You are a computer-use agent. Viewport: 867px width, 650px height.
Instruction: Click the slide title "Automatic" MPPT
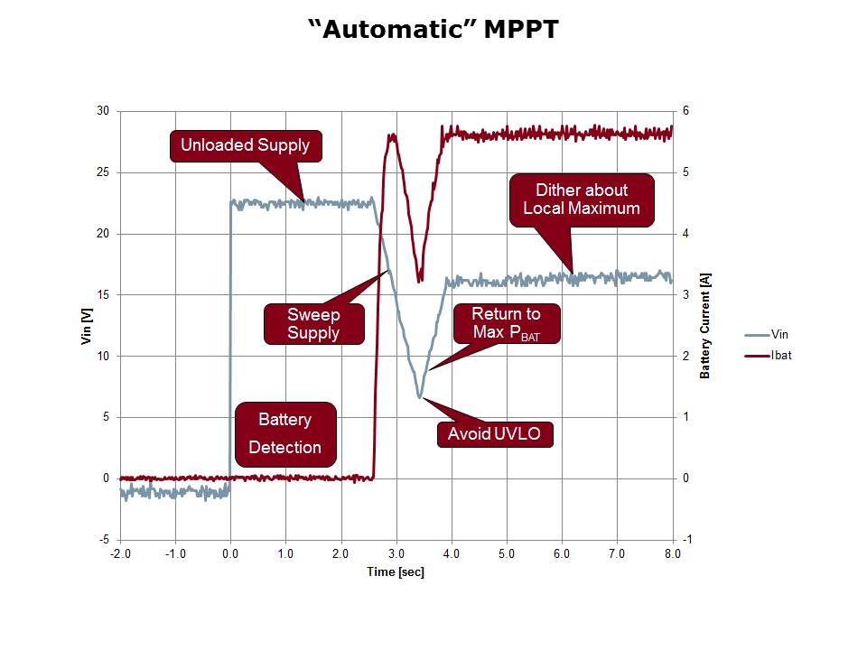[x=433, y=30]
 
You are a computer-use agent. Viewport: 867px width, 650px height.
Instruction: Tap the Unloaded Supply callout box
[x=245, y=145]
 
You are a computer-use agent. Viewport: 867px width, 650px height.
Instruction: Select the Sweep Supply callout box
[x=313, y=323]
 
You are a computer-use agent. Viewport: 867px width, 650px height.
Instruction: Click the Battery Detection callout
[x=285, y=433]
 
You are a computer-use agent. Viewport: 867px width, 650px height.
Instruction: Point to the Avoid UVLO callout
[x=494, y=434]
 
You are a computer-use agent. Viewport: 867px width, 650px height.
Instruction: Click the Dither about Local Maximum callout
[x=581, y=200]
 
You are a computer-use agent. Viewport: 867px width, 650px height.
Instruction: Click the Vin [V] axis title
[x=88, y=325]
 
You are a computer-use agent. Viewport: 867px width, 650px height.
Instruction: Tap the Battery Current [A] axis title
[x=705, y=325]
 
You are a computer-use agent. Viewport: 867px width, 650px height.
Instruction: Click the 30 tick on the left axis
[x=103, y=111]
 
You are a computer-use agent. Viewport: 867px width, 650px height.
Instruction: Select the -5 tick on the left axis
[x=105, y=540]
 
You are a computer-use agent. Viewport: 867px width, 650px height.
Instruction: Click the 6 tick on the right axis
[x=686, y=111]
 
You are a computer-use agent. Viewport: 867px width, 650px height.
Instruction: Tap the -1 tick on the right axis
[x=688, y=540]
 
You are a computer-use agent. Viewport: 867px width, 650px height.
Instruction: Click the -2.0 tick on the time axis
[x=120, y=552]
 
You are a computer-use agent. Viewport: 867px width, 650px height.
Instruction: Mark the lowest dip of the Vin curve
[x=420, y=396]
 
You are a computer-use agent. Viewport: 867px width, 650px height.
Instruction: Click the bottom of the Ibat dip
[x=420, y=281]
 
